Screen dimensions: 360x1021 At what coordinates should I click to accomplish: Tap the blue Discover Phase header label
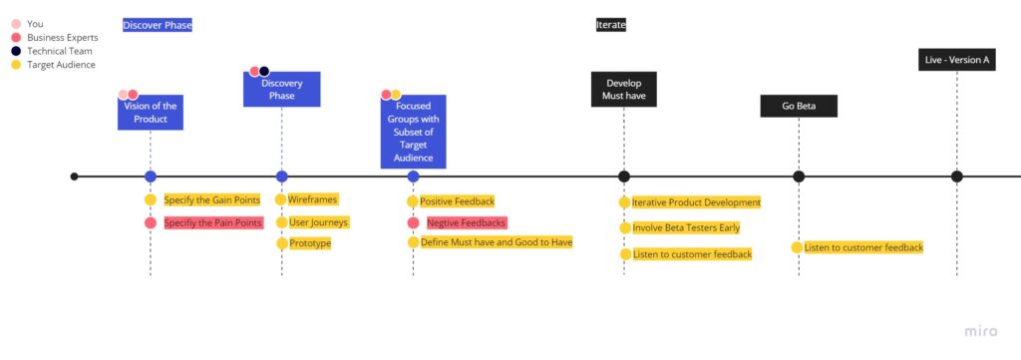coord(158,24)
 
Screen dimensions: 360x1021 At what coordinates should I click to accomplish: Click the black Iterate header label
coord(611,24)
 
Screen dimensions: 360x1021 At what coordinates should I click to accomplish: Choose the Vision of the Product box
coord(150,113)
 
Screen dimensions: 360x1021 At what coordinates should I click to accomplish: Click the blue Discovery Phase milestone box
coord(281,90)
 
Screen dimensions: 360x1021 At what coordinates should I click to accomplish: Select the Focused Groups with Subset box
coord(413,131)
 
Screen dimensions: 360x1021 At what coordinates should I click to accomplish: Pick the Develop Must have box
coord(624,90)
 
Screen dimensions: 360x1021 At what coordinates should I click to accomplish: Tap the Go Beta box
coord(799,106)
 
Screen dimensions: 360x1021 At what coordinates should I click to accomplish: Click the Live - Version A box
coord(956,60)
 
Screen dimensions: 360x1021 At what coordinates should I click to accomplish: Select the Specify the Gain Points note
coord(211,199)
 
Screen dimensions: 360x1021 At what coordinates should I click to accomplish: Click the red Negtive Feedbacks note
coord(466,222)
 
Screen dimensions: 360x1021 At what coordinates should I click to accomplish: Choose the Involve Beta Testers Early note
coord(685,228)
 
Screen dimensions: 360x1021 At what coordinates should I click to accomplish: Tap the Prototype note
coord(309,243)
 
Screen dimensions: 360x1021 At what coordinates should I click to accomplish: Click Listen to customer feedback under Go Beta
coord(863,247)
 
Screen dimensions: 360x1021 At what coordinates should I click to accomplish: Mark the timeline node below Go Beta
coord(799,177)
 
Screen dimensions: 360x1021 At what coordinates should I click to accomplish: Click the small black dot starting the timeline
coord(74,177)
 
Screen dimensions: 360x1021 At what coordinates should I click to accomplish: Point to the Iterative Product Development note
coord(695,202)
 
